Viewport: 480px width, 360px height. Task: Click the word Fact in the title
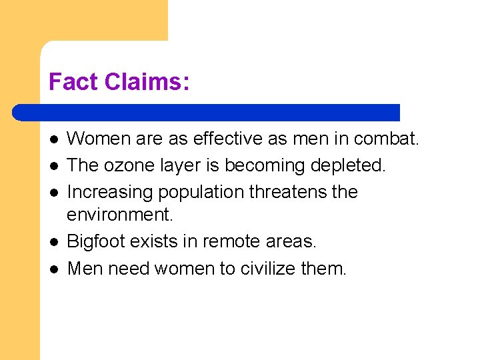69,82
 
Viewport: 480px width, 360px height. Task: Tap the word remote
236,241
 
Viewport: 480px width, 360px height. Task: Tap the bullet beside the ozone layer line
54,166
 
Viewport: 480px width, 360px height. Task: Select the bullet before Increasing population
54,193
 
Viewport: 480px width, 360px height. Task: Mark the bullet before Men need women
54,269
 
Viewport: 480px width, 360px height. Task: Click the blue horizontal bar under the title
207,112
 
